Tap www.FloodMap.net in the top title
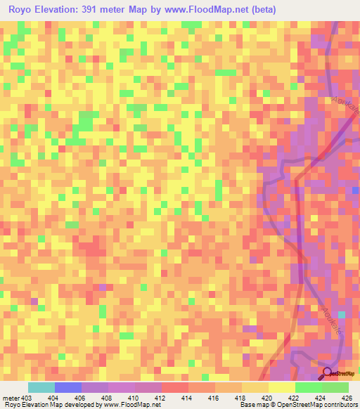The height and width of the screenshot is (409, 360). (x=198, y=10)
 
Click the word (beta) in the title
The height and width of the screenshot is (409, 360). (x=259, y=10)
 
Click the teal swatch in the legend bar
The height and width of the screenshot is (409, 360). (x=41, y=387)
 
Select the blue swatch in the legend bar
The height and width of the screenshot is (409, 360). (x=67, y=387)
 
